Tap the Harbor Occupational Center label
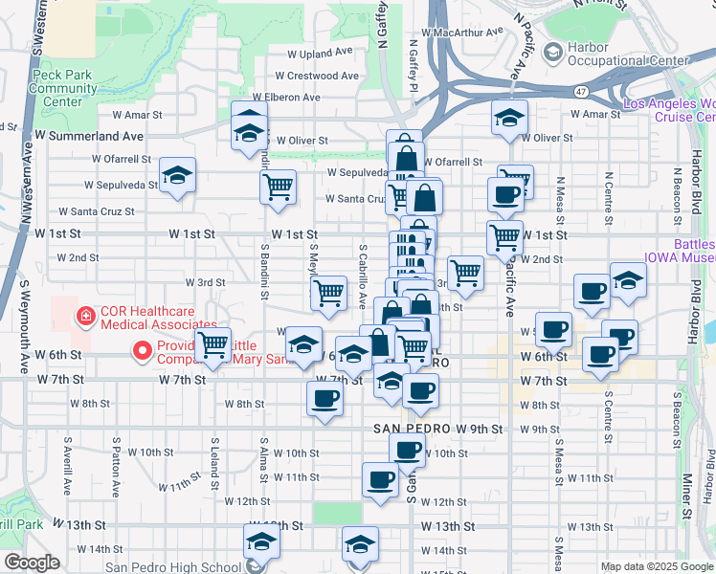point(628,54)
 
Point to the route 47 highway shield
point(582,91)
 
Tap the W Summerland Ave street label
point(89,136)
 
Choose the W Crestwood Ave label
point(317,76)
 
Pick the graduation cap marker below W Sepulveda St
point(177,176)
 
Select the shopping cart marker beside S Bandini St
point(278,188)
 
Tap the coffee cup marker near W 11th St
point(381,480)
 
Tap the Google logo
point(32,563)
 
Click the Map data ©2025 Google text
point(657,567)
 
